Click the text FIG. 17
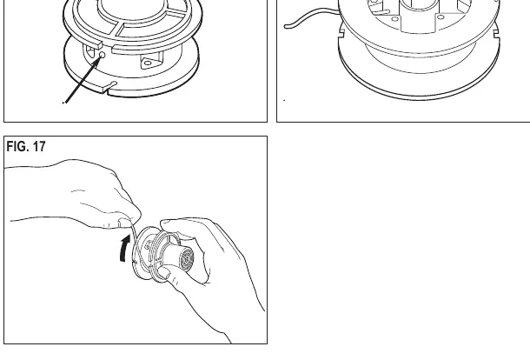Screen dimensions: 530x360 tap(26, 146)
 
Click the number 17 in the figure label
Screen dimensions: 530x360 tap(39, 146)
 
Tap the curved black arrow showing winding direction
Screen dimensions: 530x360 tap(125, 248)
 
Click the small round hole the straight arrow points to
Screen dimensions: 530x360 tap(102, 55)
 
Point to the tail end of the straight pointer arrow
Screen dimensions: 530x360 tap(65, 103)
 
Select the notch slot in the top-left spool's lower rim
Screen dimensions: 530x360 tap(110, 87)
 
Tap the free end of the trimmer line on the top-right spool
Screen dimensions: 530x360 tap(286, 26)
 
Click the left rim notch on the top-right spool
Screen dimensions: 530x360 tap(341, 33)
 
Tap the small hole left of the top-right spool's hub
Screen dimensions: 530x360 tap(394, 19)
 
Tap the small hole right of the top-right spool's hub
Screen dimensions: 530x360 tap(441, 17)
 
